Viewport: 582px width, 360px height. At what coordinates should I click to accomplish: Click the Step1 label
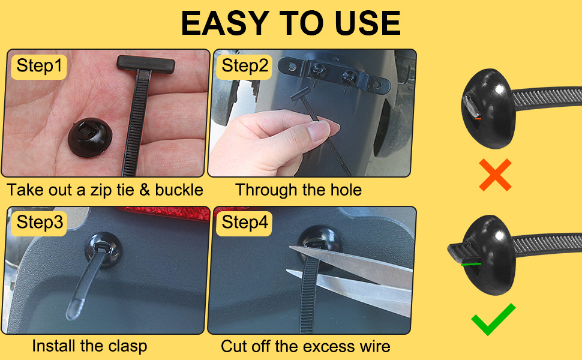coord(39,65)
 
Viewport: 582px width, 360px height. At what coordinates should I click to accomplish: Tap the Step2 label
coord(245,65)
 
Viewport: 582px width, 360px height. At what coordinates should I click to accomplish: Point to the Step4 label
coord(245,223)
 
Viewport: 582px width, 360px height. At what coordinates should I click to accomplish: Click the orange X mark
coord(495,175)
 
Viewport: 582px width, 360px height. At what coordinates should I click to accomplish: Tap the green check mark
coord(493,319)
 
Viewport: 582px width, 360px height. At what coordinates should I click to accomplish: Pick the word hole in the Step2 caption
coord(344,191)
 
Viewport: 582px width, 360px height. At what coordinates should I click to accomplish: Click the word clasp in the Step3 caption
coord(125,346)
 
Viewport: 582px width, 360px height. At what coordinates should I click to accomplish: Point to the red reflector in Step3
coord(162,211)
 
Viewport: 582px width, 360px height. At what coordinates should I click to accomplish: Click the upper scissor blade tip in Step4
coord(291,248)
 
